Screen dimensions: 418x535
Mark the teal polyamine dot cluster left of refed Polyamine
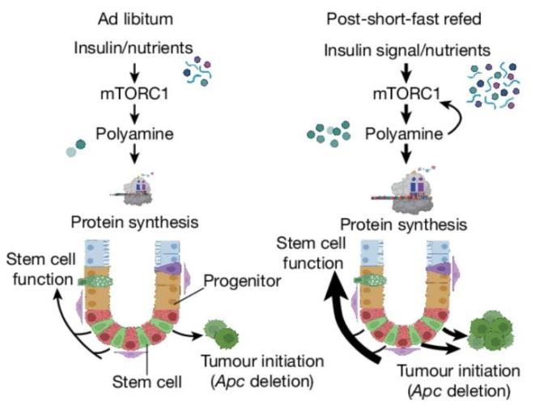pyautogui.click(x=328, y=133)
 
